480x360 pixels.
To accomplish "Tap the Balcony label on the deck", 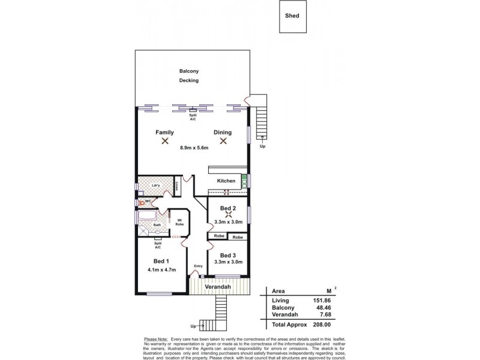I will [189, 71].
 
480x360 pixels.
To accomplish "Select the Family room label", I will [164, 132].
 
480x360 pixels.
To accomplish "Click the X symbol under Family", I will [164, 142].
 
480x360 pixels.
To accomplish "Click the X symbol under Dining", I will [223, 142].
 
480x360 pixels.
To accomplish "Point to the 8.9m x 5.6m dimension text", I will [194, 148].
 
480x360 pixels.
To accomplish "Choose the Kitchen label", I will [226, 181].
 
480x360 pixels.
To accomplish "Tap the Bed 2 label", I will [227, 208].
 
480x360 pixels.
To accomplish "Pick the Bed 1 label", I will [160, 261].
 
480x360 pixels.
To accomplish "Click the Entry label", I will [199, 266].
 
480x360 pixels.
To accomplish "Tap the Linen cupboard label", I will [178, 186].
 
